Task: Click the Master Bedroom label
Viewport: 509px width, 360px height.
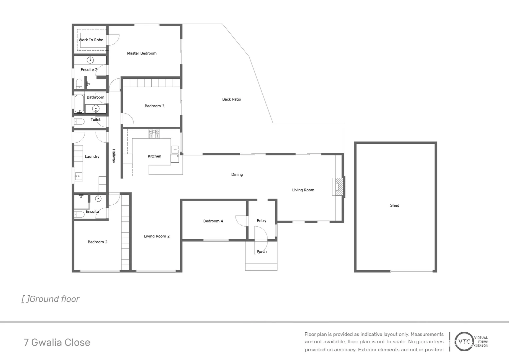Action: pos(142,53)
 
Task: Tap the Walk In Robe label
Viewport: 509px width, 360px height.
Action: pos(91,40)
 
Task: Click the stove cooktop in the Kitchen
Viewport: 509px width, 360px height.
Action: pos(154,134)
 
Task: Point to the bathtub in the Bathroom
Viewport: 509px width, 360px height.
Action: pos(79,104)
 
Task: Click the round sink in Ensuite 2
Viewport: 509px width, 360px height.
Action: pos(90,60)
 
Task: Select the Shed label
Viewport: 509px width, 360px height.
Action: pos(394,205)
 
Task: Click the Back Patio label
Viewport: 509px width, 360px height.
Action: pos(232,99)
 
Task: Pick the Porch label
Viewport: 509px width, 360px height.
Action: pos(261,252)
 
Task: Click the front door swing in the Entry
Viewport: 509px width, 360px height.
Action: pos(260,233)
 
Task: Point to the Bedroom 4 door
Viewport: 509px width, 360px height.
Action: pos(241,221)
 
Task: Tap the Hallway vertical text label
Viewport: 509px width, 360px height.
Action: pos(114,156)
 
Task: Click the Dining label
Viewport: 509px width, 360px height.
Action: pos(237,175)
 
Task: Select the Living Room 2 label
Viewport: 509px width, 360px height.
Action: pos(157,236)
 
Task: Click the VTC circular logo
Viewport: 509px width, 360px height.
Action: pos(464,342)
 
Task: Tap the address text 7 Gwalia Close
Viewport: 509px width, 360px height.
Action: pos(57,342)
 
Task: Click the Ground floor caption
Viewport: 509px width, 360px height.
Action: pos(51,299)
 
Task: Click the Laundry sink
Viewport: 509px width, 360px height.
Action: pos(78,176)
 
